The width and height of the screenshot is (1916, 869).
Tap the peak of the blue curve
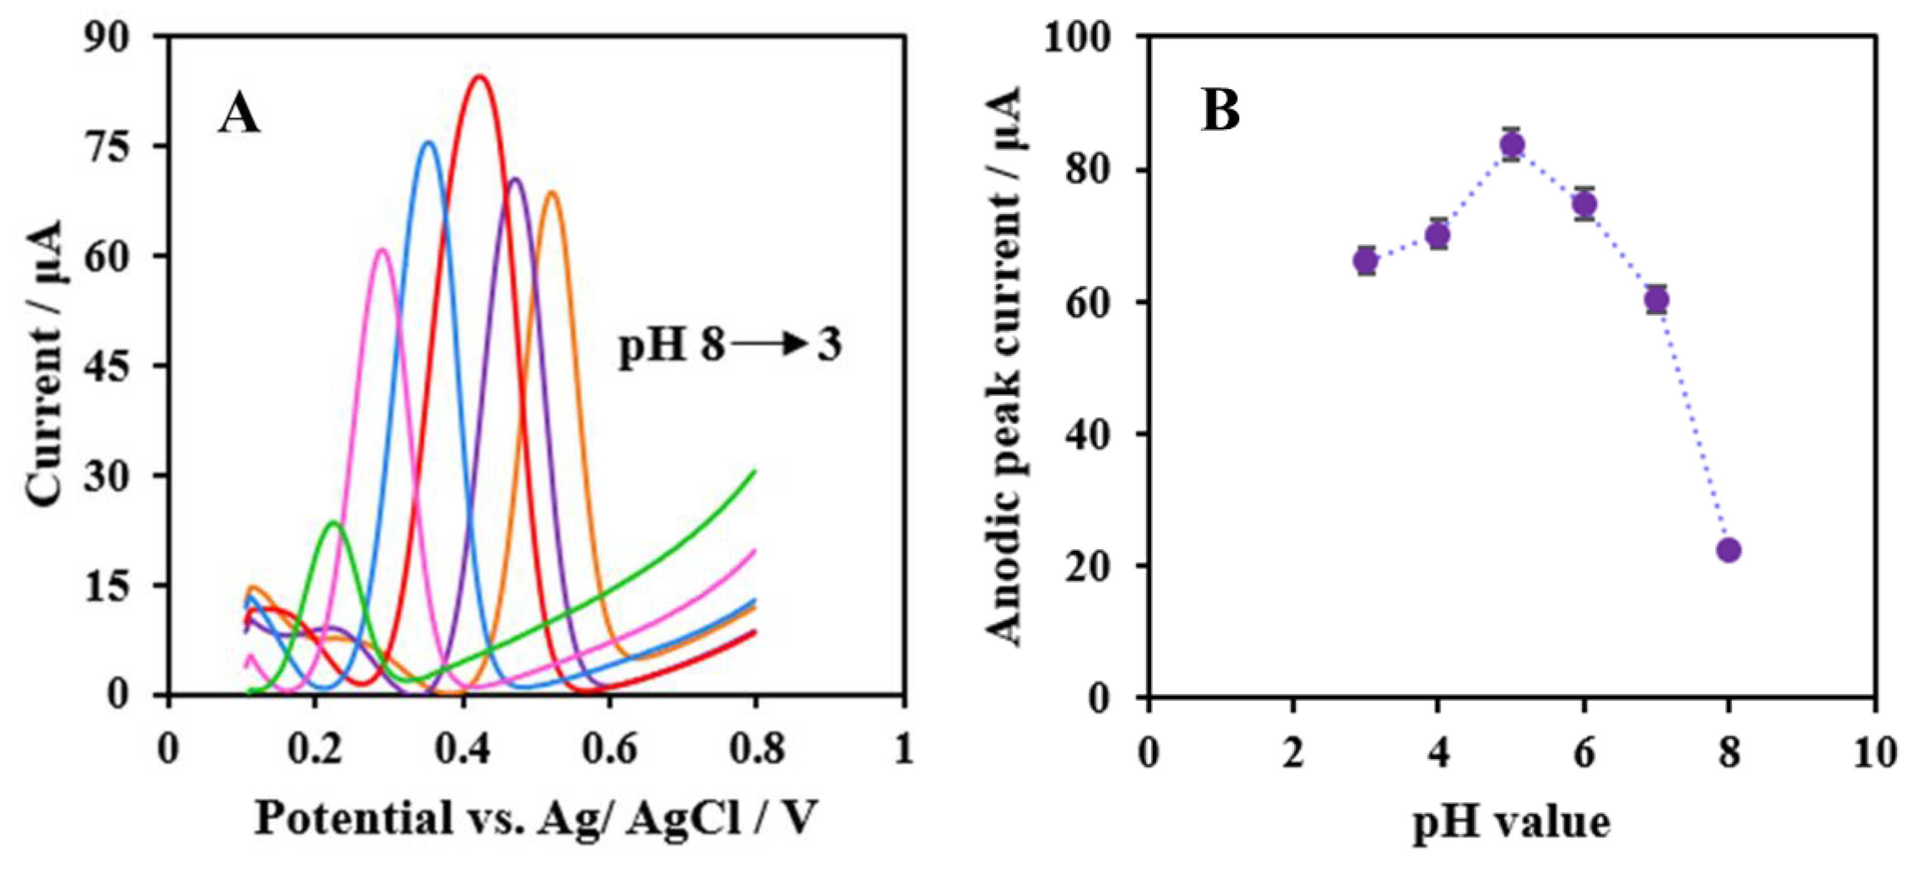tap(429, 142)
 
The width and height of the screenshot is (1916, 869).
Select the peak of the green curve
tap(333, 522)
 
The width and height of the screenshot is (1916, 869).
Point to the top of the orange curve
tap(552, 192)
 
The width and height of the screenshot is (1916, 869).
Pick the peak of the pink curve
tap(382, 249)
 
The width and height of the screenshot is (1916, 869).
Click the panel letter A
tap(239, 117)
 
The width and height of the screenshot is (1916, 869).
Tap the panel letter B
tap(1220, 112)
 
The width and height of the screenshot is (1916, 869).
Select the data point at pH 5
tap(1512, 144)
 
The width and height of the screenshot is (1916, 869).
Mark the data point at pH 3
tap(1366, 260)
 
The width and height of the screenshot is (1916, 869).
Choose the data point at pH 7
tap(1656, 300)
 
